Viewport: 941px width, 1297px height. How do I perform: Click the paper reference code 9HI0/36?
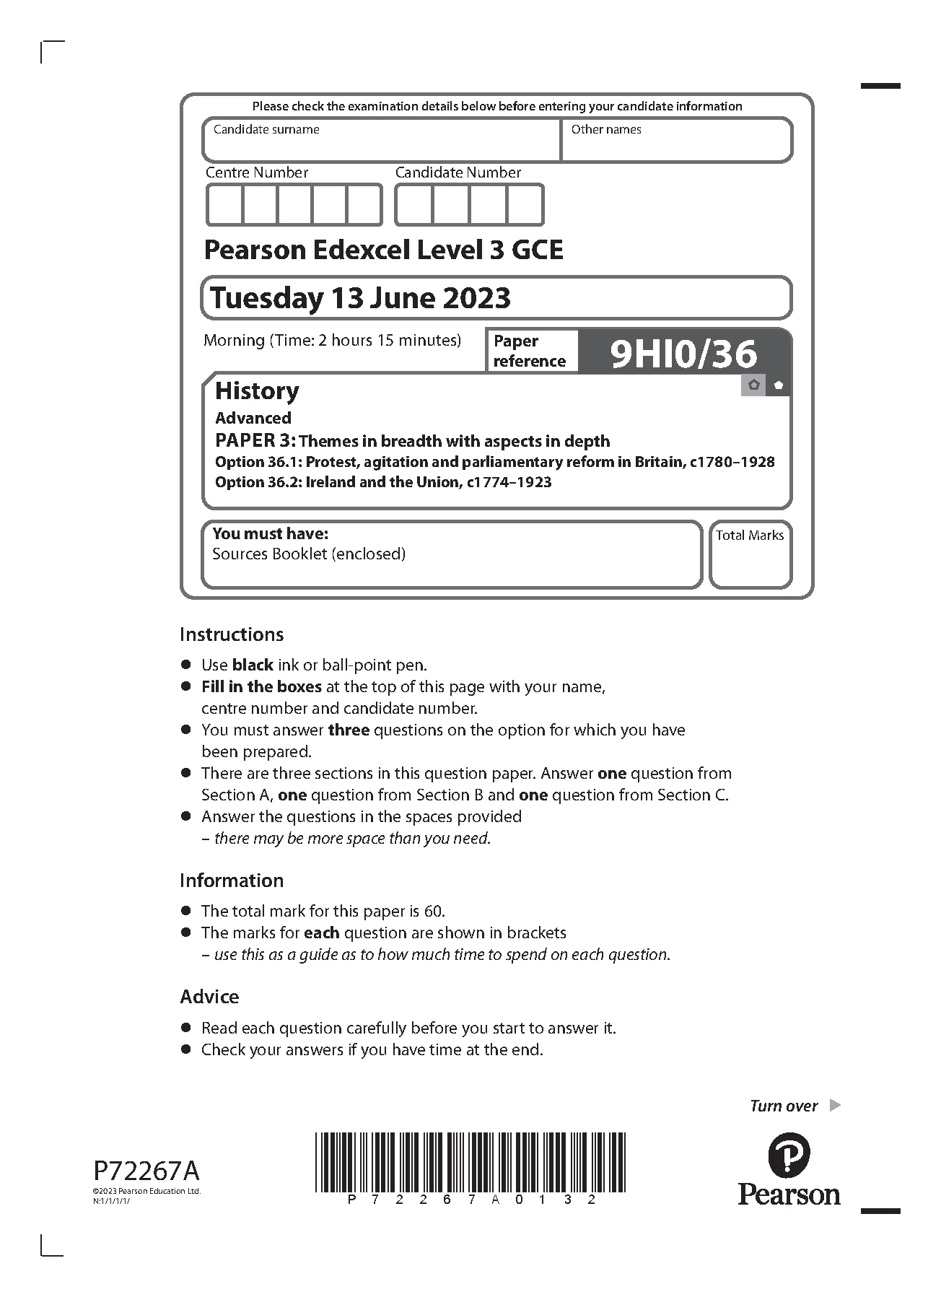pyautogui.click(x=683, y=354)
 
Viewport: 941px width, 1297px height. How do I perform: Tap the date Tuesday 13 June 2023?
pyautogui.click(x=360, y=298)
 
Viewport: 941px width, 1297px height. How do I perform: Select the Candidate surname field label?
pyautogui.click(x=266, y=130)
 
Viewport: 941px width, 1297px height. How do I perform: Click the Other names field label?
pyautogui.click(x=606, y=130)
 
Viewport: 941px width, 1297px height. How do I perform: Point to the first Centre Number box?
pyautogui.click(x=224, y=205)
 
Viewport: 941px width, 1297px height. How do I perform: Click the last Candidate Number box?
pyautogui.click(x=525, y=205)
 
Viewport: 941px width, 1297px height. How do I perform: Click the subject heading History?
pyautogui.click(x=257, y=391)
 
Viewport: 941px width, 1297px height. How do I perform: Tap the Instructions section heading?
pyautogui.click(x=232, y=634)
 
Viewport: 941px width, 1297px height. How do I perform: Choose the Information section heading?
pyautogui.click(x=232, y=881)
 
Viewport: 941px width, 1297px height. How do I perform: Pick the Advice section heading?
pyautogui.click(x=209, y=997)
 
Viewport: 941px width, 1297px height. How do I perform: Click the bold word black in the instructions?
pyautogui.click(x=253, y=665)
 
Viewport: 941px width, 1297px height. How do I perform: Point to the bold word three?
pyautogui.click(x=349, y=730)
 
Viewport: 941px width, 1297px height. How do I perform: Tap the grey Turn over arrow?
pyautogui.click(x=835, y=1105)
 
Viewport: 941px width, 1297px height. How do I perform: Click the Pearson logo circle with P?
pyautogui.click(x=789, y=1156)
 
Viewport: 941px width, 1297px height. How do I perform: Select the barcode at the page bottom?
pyautogui.click(x=470, y=1162)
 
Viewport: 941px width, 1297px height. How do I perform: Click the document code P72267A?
pyautogui.click(x=146, y=1170)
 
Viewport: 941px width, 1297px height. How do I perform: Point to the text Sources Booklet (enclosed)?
pyautogui.click(x=309, y=554)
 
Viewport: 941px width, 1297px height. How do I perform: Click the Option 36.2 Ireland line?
pyautogui.click(x=383, y=482)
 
